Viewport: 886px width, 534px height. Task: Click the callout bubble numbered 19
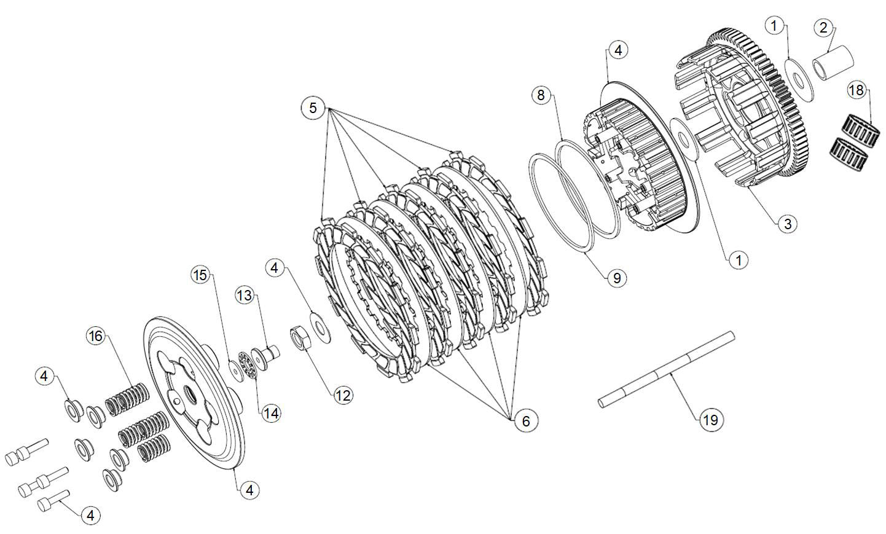coord(710,420)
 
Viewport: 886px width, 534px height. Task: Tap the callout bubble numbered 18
coord(855,90)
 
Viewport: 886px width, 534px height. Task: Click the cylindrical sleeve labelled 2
coord(834,61)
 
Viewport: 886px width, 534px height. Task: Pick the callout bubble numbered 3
coord(788,223)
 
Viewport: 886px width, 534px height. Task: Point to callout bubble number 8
coord(541,95)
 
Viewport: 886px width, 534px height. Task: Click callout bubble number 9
coord(617,278)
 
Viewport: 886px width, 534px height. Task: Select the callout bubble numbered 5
coord(313,108)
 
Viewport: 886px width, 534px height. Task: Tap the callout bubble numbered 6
coord(526,421)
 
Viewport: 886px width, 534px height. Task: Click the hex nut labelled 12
coord(299,338)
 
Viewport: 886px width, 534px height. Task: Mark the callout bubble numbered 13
coord(245,296)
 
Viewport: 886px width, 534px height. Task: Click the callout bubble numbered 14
coord(271,413)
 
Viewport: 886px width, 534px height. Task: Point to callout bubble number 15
coord(200,275)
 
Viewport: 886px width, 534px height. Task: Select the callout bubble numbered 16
coord(95,336)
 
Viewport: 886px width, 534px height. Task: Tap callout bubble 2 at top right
coord(824,28)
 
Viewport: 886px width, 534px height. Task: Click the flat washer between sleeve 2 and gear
coord(799,77)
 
